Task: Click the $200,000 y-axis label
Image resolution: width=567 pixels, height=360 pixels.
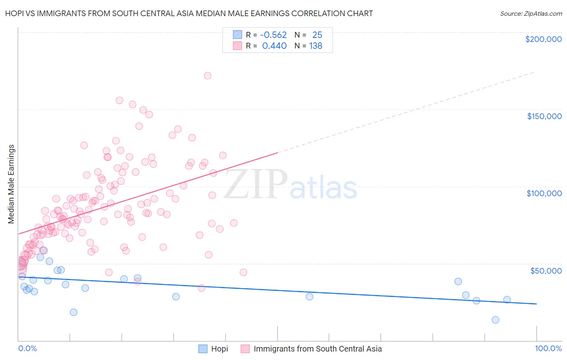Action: click(543, 39)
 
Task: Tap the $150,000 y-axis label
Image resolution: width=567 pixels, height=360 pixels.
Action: click(544, 116)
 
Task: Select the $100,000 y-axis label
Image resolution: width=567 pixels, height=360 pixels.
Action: click(544, 193)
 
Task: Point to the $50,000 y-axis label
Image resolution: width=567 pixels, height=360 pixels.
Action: click(546, 270)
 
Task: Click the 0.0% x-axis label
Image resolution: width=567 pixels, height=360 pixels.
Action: click(27, 348)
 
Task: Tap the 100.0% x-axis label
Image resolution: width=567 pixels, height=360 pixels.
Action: click(548, 348)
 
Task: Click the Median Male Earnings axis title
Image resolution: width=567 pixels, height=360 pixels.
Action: click(11, 184)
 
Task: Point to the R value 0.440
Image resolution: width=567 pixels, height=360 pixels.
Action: click(274, 46)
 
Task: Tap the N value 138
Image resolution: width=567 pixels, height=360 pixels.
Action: click(316, 46)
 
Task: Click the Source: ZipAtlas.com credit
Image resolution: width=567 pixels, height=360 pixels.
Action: click(531, 13)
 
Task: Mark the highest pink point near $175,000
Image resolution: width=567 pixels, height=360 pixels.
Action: click(208, 75)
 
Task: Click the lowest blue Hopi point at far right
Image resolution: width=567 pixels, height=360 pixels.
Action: click(496, 320)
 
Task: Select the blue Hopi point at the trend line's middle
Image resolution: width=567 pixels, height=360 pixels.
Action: click(309, 296)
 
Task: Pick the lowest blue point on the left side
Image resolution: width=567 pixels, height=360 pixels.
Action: click(73, 312)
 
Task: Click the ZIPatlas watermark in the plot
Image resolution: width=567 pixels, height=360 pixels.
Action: click(290, 185)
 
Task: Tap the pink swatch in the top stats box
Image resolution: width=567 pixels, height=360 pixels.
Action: click(238, 46)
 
